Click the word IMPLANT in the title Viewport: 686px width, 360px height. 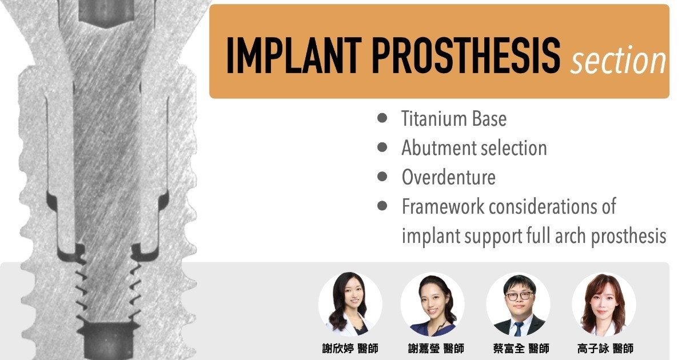coord(294,55)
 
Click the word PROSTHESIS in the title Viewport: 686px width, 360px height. coord(466,55)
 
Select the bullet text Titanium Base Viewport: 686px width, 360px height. coord(454,118)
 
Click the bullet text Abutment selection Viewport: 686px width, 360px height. coord(474,148)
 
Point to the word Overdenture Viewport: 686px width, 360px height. coord(448,177)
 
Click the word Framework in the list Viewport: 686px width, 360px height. coord(443,206)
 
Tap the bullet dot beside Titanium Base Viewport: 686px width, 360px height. coord(382,118)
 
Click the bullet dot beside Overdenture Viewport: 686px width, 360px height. coord(382,177)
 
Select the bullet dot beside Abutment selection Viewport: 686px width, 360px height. coord(382,147)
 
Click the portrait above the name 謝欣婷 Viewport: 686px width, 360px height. coord(350,304)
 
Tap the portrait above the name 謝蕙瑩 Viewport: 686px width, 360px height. coord(432,305)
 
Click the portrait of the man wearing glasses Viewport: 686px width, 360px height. coord(518,305)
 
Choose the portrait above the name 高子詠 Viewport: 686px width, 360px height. coord(604,305)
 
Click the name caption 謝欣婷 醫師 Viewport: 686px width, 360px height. coord(350,349)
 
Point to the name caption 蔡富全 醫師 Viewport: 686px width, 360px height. coord(521,349)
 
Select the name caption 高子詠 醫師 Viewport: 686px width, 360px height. coord(605,349)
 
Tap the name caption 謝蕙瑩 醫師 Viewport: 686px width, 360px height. coord(436,349)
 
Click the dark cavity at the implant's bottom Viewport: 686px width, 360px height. coord(106,341)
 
